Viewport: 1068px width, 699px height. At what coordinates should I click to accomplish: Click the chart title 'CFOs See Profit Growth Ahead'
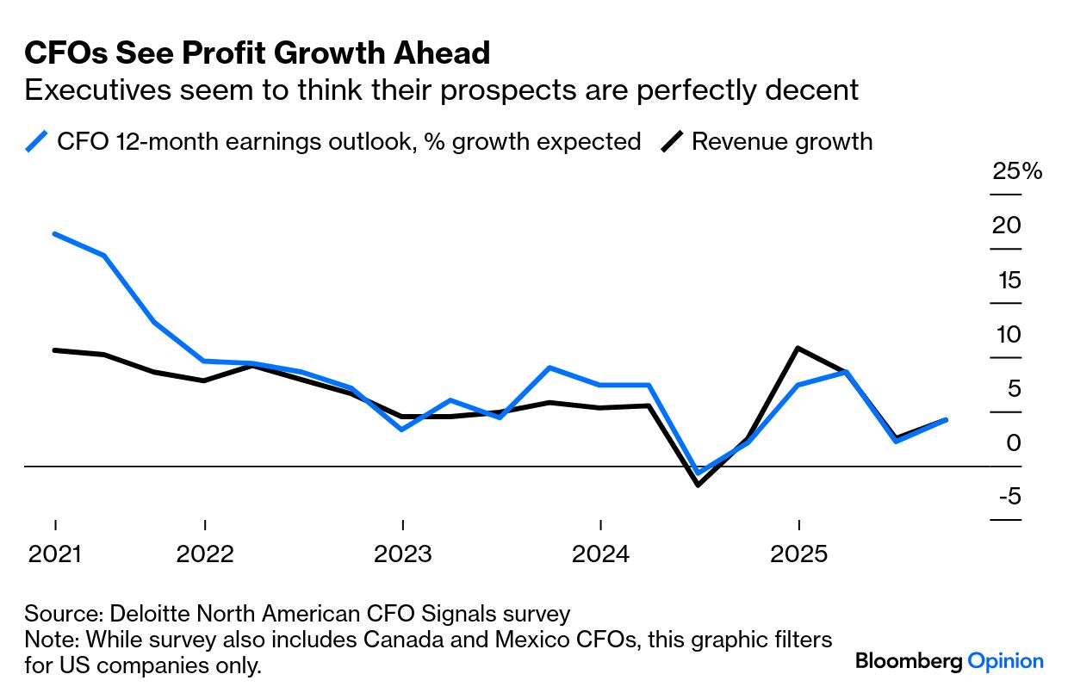[x=257, y=53]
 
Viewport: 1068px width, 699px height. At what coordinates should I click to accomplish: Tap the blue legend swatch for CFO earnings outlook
[x=37, y=141]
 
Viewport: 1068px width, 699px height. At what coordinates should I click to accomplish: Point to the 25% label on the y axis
[x=1017, y=171]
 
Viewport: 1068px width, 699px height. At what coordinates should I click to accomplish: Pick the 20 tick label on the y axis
[x=1006, y=226]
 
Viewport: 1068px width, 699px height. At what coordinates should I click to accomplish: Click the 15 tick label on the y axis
[x=1006, y=280]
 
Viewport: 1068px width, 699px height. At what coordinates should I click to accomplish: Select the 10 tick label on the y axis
[x=1006, y=334]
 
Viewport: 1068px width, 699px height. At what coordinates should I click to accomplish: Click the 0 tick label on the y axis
[x=1013, y=442]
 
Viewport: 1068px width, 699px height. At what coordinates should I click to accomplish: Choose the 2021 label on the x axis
[x=55, y=554]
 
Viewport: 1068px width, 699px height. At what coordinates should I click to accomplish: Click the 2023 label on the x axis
[x=402, y=554]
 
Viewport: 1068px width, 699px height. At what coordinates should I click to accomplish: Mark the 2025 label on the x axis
[x=799, y=554]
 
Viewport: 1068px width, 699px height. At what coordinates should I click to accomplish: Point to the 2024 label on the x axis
[x=600, y=554]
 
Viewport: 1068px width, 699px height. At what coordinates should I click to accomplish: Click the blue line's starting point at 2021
[x=55, y=234]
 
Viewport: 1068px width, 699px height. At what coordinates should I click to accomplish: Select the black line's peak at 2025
[x=799, y=348]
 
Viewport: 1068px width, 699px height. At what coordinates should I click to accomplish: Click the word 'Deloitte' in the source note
[x=143, y=614]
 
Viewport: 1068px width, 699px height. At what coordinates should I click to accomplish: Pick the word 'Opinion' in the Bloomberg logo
[x=1005, y=661]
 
